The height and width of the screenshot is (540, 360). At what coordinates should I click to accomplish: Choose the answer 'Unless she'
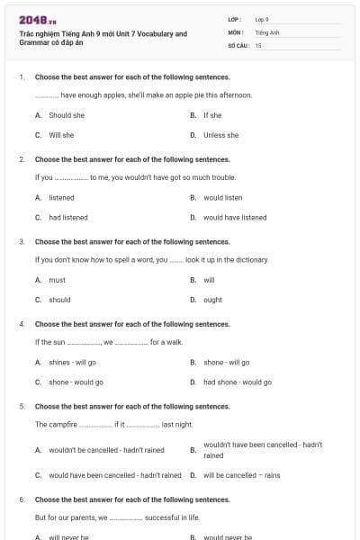[x=220, y=135]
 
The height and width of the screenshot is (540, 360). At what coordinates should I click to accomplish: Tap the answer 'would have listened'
[x=235, y=217]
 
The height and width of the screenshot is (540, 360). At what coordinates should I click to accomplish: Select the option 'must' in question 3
[x=57, y=280]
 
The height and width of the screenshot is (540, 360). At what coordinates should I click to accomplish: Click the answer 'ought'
[x=212, y=300]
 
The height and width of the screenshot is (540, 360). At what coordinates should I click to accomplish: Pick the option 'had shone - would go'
[x=237, y=382]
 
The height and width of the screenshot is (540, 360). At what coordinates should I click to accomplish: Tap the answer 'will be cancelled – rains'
[x=241, y=475]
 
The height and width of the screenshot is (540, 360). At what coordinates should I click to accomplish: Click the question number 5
[x=22, y=406]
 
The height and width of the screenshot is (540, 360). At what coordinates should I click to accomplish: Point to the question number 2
[x=22, y=158]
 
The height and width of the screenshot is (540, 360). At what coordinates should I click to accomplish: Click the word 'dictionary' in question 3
[x=251, y=259]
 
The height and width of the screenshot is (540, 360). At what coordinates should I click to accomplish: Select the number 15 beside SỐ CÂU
[x=258, y=44]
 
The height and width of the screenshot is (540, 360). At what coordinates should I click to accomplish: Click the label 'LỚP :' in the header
[x=235, y=19]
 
